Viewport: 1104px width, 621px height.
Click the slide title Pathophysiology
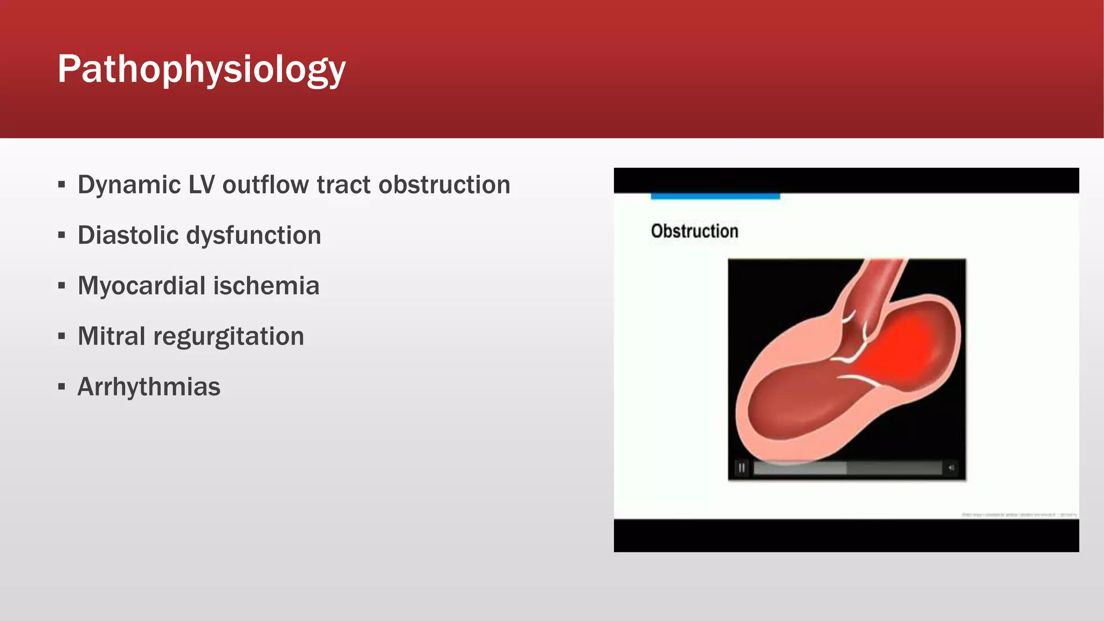tap(201, 69)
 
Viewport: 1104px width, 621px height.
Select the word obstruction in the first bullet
tap(444, 185)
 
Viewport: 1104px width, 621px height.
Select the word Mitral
tap(111, 336)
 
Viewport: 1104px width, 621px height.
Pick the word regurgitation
tap(229, 336)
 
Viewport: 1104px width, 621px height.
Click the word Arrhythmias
tap(149, 387)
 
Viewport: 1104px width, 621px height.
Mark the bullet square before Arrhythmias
tap(61, 387)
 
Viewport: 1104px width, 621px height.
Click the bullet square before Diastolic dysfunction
tap(61, 236)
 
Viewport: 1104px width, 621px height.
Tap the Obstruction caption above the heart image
tap(694, 231)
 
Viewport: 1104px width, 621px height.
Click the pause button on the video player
tap(742, 468)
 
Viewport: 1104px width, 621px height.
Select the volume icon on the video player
tap(951, 468)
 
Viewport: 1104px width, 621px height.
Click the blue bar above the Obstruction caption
tap(715, 196)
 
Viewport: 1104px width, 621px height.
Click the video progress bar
tap(846, 468)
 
